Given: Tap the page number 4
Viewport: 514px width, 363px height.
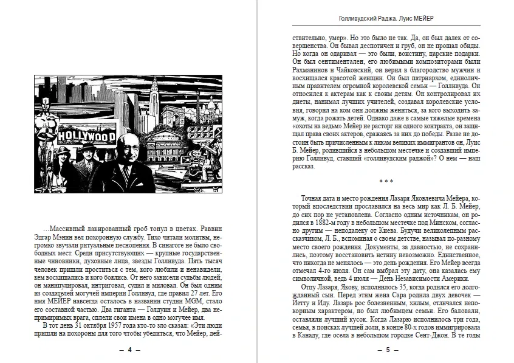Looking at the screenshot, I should tap(129, 351).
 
